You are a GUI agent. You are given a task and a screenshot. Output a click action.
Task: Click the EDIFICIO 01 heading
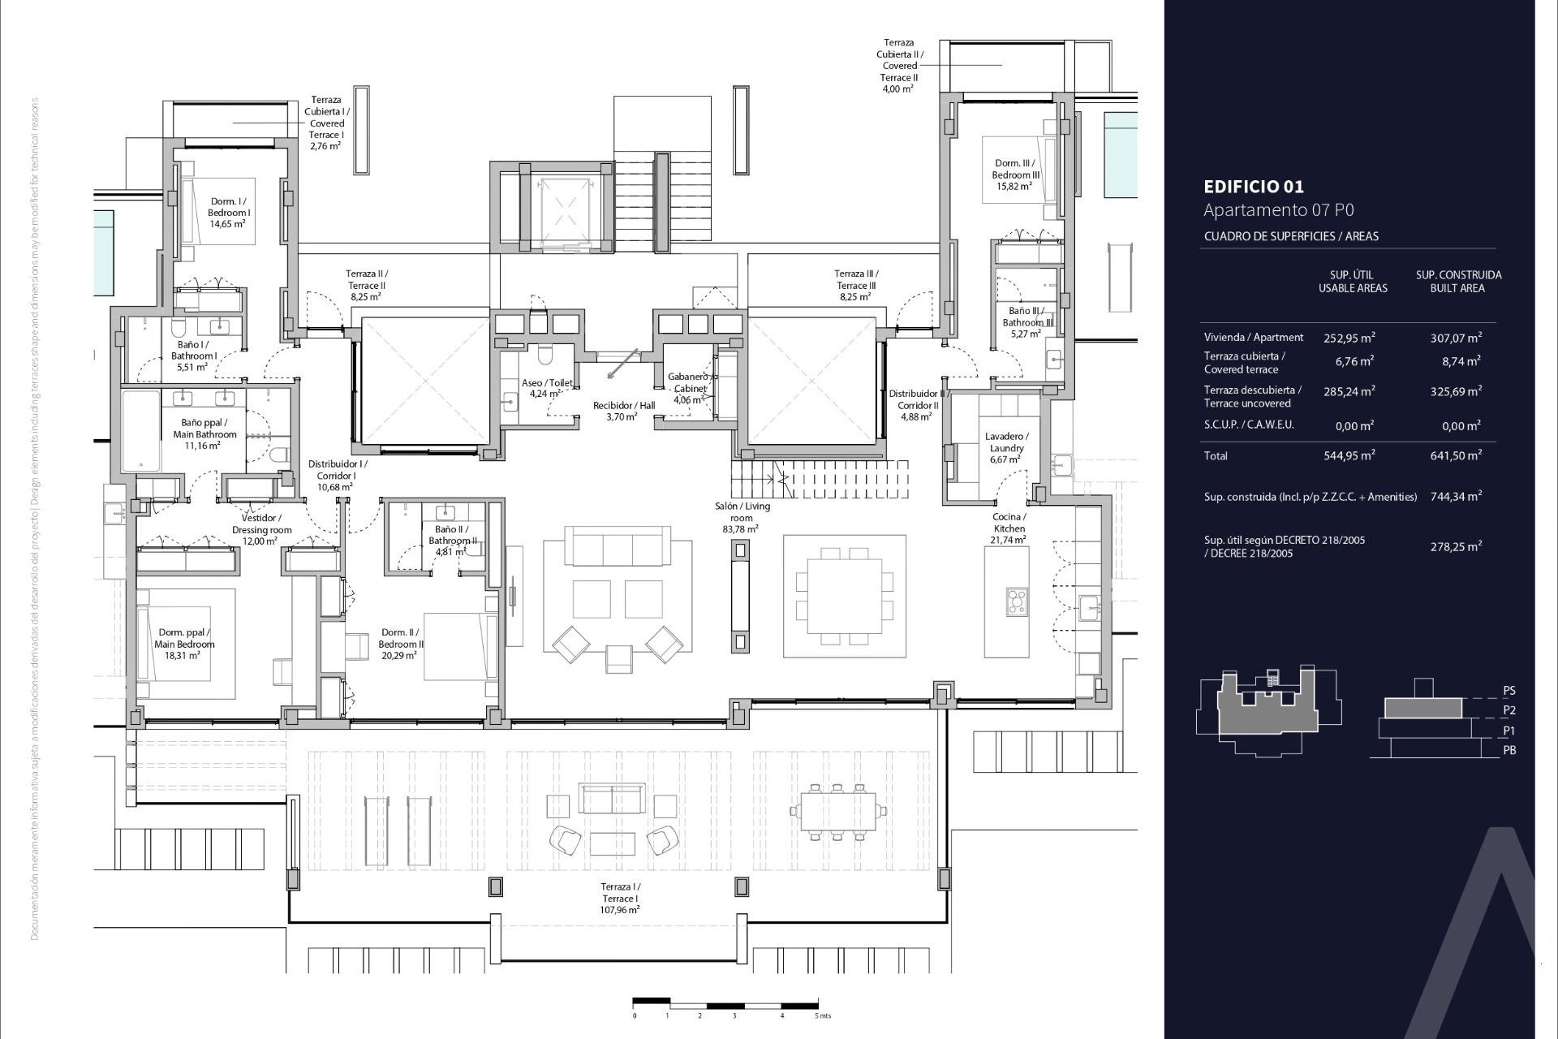(1254, 187)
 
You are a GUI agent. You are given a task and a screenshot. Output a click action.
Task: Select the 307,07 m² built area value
(1455, 338)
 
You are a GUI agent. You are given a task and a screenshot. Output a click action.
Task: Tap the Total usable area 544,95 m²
(1349, 455)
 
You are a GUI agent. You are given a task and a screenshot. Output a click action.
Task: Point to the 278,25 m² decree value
(1455, 546)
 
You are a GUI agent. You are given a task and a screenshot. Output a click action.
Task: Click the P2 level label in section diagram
(1509, 710)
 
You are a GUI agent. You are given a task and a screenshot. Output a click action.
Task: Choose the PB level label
(1509, 750)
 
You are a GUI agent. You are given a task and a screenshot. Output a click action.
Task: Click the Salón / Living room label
(742, 517)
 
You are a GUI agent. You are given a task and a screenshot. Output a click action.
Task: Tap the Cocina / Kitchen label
(1009, 528)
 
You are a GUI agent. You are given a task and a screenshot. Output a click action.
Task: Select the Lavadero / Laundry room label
(1006, 448)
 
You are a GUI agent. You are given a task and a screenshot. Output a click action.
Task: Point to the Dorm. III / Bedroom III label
(1015, 175)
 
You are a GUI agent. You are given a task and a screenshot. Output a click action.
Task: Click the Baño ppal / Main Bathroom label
(204, 434)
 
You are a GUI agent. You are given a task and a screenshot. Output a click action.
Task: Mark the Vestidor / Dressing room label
(261, 529)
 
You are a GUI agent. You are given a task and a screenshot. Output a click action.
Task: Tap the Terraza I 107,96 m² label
(620, 899)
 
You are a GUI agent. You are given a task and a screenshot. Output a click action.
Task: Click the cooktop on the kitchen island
(1017, 601)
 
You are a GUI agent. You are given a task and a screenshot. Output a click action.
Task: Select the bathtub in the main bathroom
(141, 431)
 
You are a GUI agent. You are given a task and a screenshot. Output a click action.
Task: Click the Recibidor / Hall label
(623, 411)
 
